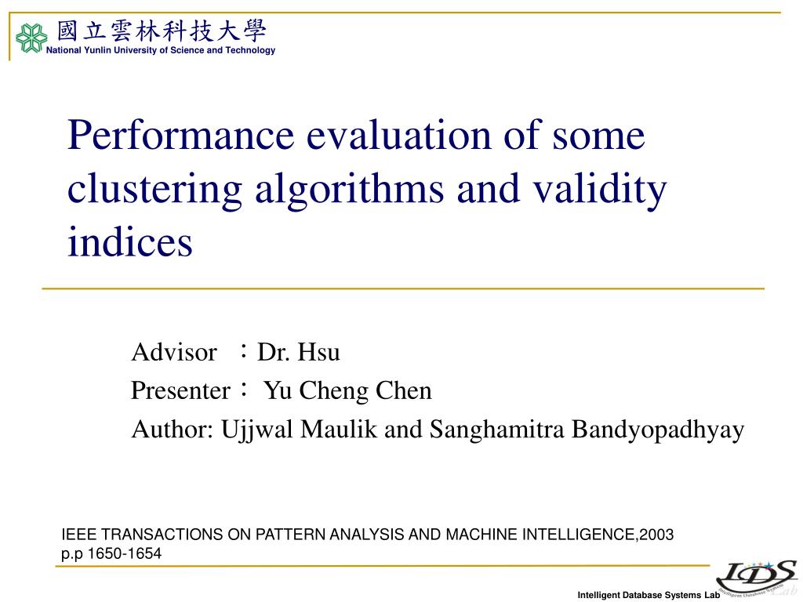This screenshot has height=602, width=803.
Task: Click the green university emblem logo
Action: click(x=31, y=38)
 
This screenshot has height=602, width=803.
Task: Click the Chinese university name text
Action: click(x=162, y=31)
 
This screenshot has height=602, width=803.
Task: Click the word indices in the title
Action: click(x=129, y=242)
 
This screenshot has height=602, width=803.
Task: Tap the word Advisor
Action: click(x=173, y=352)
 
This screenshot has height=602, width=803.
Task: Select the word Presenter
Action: click(x=181, y=390)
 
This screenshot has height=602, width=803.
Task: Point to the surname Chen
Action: click(x=405, y=390)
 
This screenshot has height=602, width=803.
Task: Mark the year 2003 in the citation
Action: click(x=656, y=535)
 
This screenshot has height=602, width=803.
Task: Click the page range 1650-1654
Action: click(x=124, y=553)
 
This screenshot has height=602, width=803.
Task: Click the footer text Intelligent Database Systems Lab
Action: click(x=649, y=595)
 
